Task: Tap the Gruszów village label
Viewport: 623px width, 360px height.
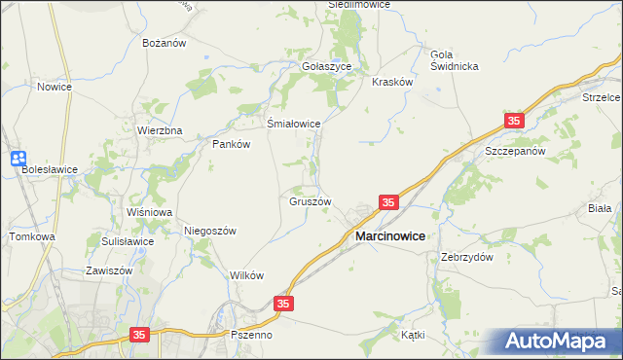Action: point(311,202)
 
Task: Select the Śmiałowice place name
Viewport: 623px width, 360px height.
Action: point(294,124)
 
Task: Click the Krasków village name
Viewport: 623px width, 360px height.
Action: point(393,83)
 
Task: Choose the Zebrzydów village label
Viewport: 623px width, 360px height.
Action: point(466,258)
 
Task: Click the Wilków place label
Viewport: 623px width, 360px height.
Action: point(247,275)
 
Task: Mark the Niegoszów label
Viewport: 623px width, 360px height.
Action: point(210,231)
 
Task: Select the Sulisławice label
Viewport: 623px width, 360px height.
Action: point(128,241)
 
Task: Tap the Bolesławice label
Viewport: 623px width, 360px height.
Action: point(50,168)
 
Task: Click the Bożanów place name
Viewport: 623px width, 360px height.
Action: point(164,44)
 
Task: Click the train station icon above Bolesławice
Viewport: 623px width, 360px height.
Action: point(18,159)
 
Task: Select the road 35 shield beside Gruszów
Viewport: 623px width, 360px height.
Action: point(388,202)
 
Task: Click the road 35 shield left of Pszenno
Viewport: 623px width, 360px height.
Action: point(140,335)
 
